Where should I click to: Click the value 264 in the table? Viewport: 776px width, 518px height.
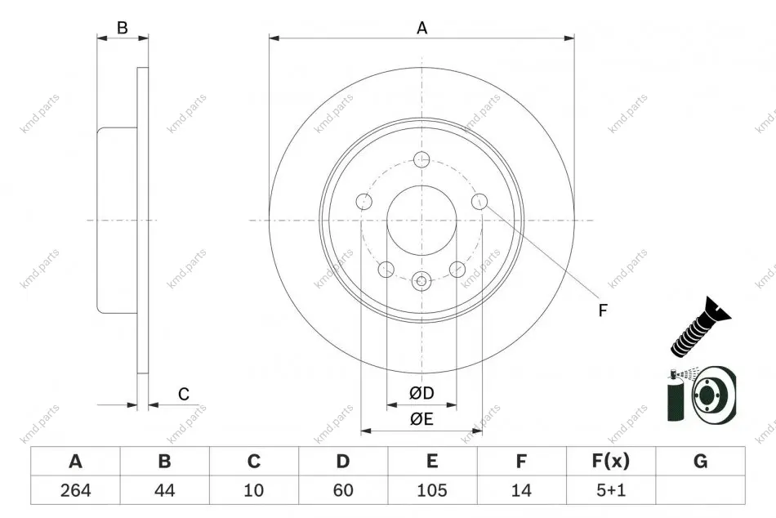pyautogui.click(x=76, y=490)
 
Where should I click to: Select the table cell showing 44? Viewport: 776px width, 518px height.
pyautogui.click(x=164, y=490)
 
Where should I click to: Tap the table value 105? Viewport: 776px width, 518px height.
pyautogui.click(x=432, y=490)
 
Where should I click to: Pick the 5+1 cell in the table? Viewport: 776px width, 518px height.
pyautogui.click(x=611, y=490)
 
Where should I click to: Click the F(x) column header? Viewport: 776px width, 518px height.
pyautogui.click(x=611, y=461)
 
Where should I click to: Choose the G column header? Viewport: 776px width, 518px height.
pyautogui.click(x=700, y=461)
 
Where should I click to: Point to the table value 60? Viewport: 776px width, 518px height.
pyautogui.click(x=343, y=490)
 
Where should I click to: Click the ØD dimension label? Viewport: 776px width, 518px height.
pyautogui.click(x=421, y=393)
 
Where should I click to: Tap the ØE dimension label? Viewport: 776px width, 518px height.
pyautogui.click(x=421, y=419)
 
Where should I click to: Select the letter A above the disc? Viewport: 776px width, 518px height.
pyautogui.click(x=421, y=28)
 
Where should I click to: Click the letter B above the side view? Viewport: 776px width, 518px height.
pyautogui.click(x=123, y=28)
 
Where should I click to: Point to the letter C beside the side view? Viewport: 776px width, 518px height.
pyautogui.click(x=184, y=394)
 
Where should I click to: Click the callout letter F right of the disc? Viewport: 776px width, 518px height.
pyautogui.click(x=603, y=310)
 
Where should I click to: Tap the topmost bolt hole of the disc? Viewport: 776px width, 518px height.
pyautogui.click(x=421, y=159)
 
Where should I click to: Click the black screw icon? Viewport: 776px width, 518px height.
pyautogui.click(x=700, y=328)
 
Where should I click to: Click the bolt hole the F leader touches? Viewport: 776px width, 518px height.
pyautogui.click(x=479, y=202)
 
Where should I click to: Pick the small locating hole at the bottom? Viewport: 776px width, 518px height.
pyautogui.click(x=421, y=281)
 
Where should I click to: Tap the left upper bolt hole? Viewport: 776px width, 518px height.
pyautogui.click(x=365, y=202)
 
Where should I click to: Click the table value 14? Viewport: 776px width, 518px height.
pyautogui.click(x=521, y=490)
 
